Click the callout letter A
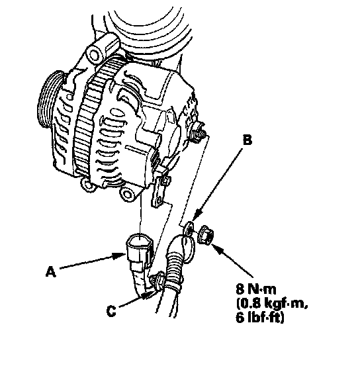(51, 271)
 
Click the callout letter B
(247, 140)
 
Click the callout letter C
(111, 311)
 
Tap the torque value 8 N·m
(256, 289)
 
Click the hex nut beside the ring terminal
(206, 235)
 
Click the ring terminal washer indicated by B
(189, 229)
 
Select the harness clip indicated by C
(157, 282)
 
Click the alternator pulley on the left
(50, 100)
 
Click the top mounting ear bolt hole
(94, 56)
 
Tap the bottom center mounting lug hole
(127, 195)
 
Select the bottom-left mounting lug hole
(88, 185)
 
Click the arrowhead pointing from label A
(120, 255)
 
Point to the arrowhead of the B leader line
(197, 214)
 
